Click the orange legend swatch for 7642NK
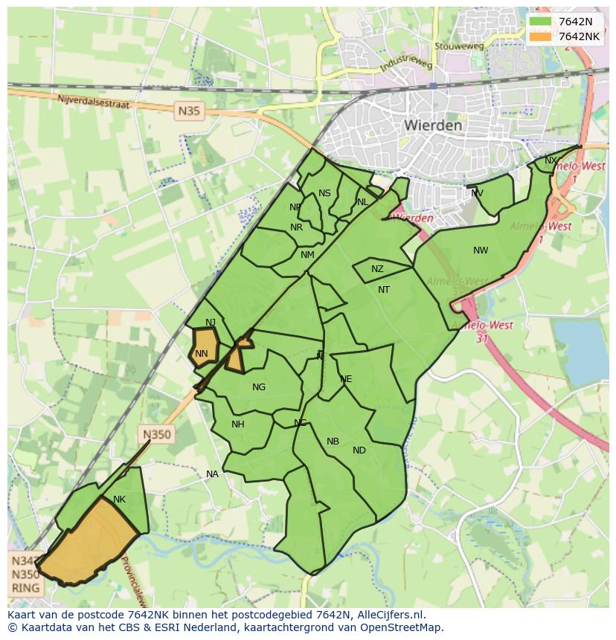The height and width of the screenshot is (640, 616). (541, 36)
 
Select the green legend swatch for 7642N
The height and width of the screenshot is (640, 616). (541, 22)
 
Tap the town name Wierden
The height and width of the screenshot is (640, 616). (433, 126)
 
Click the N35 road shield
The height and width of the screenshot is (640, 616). (189, 111)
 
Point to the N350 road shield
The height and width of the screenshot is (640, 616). (157, 435)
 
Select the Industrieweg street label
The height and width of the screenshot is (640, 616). (405, 65)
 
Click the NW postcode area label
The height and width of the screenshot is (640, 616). (481, 250)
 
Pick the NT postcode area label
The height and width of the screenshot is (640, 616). (384, 290)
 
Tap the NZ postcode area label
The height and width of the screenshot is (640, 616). (377, 269)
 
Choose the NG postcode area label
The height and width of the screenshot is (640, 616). (259, 387)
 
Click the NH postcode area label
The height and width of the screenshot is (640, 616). (238, 424)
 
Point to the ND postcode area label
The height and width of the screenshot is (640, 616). (359, 450)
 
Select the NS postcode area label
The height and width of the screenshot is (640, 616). (324, 193)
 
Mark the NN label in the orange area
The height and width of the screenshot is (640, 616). (201, 354)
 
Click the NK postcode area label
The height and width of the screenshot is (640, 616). (119, 500)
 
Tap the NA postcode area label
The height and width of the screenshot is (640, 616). (213, 474)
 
